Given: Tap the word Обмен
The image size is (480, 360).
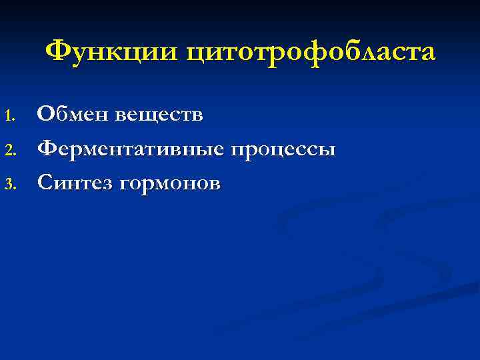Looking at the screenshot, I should (x=73, y=115).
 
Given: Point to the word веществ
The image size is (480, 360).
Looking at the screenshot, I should (x=159, y=115).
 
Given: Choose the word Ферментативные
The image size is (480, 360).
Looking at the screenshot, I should (x=131, y=149).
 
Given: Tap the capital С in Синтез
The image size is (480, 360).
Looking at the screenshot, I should (x=45, y=181).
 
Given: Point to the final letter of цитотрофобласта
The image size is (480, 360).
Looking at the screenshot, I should (x=427, y=53).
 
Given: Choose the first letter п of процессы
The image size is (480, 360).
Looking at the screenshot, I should (x=237, y=150).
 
